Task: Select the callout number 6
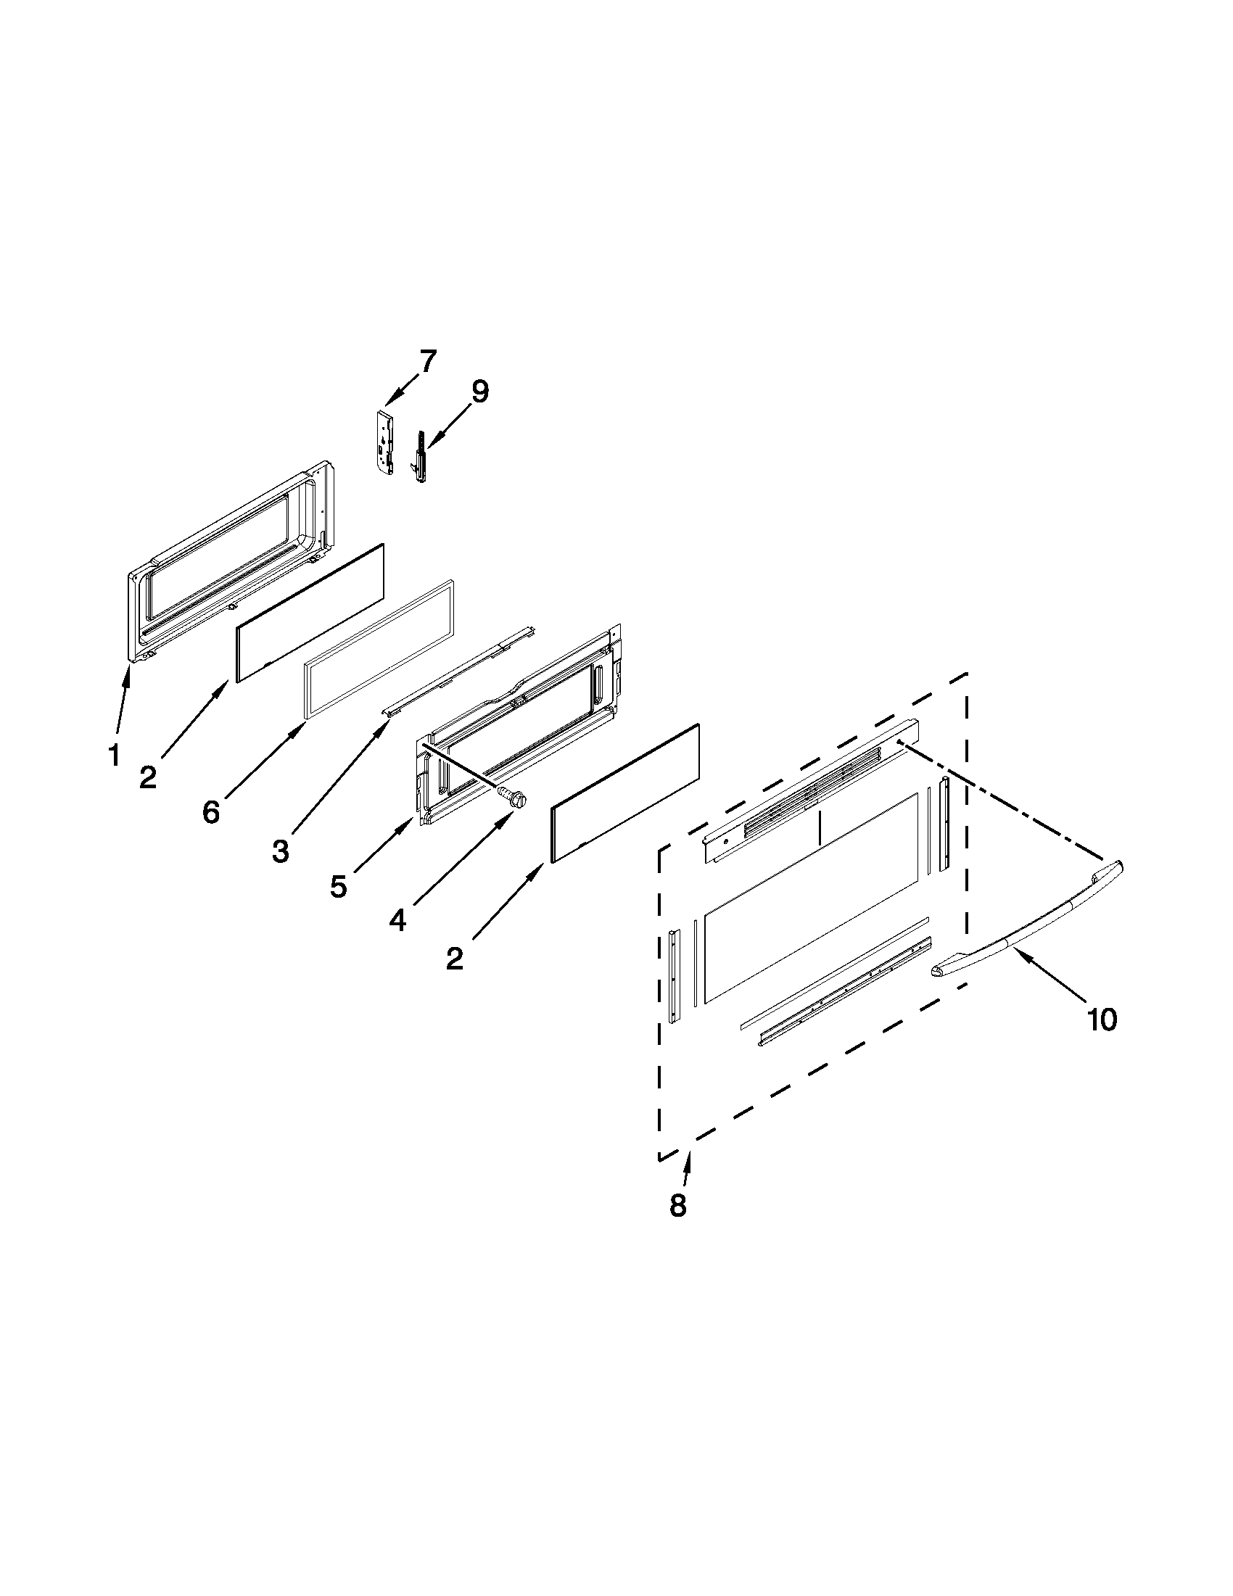coord(210,812)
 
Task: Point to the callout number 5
coord(338,885)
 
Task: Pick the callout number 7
coord(428,361)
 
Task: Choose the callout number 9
coord(479,392)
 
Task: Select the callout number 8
coord(677,1205)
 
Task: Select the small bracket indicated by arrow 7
coord(386,443)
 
